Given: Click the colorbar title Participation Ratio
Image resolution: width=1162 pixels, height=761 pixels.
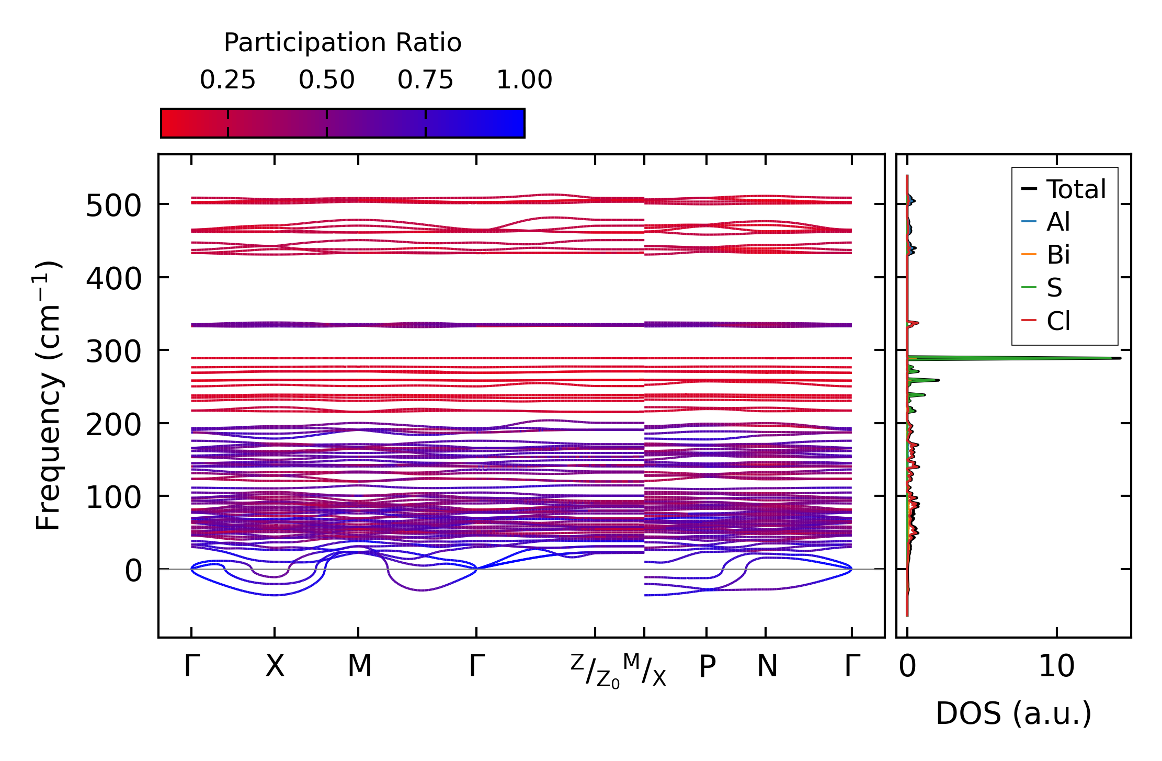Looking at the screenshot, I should [343, 43].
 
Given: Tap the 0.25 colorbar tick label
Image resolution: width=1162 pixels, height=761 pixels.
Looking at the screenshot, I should [227, 80].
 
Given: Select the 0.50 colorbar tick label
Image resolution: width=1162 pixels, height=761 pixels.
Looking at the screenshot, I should [326, 80].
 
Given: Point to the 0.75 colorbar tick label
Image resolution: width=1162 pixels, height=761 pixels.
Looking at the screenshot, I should [425, 80].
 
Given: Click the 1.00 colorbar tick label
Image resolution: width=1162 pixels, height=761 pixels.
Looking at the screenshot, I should [524, 80].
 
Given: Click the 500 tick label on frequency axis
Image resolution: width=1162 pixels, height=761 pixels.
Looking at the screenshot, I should [113, 206].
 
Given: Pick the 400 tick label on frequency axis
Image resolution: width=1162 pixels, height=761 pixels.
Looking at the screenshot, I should [113, 278].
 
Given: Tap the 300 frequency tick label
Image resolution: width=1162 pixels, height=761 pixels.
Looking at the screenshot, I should [113, 351].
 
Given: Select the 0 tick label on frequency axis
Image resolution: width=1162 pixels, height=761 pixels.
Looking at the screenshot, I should [133, 570].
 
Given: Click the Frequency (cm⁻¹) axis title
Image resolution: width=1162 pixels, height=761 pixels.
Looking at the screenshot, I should [48, 395].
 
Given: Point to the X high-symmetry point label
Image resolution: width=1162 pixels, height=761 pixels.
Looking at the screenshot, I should [275, 666].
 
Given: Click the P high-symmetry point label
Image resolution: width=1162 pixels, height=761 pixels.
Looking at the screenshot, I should [707, 666].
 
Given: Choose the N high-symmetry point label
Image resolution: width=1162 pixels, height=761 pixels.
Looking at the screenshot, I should [767, 666].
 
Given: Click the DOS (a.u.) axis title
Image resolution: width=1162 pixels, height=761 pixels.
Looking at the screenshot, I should [1013, 713].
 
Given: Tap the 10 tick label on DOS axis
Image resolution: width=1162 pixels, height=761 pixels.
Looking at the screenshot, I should [1056, 666].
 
